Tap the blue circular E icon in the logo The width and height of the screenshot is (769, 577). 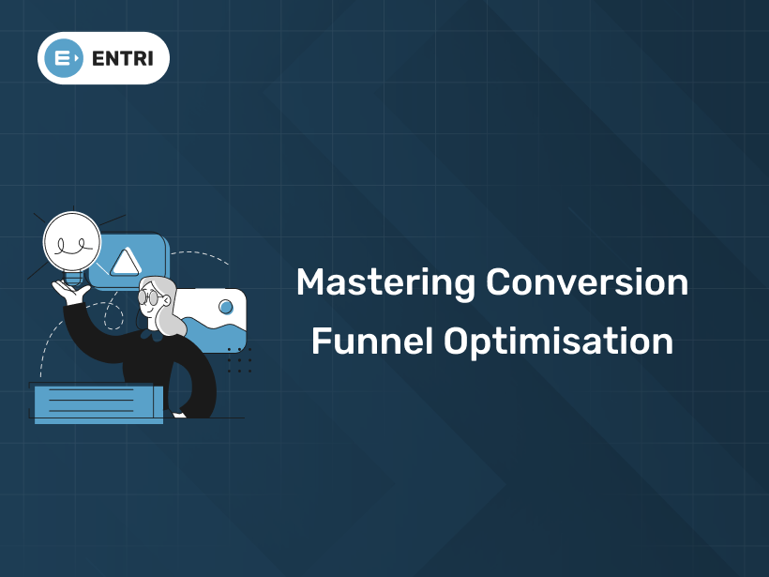coord(64,58)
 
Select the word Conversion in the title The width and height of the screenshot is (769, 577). coord(588,282)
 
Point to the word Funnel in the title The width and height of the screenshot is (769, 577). coord(371,342)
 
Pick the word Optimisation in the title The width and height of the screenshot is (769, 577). coord(558,342)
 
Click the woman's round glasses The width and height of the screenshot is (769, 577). coord(149,297)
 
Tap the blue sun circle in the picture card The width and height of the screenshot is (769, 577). coord(225,307)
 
